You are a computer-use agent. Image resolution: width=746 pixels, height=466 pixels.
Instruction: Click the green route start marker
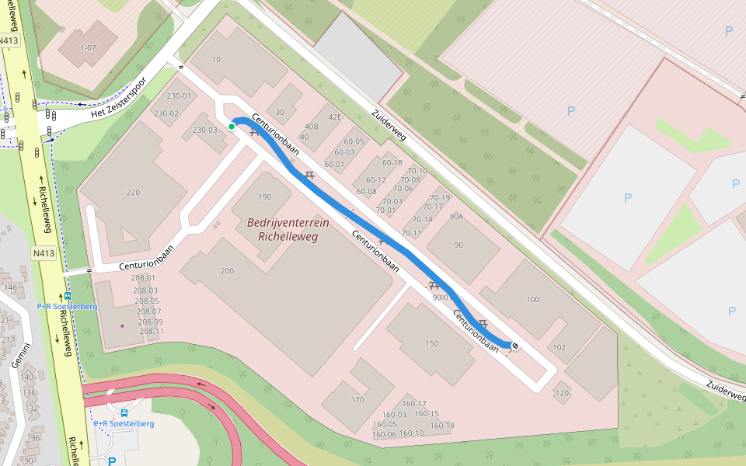pyautogui.click(x=232, y=127)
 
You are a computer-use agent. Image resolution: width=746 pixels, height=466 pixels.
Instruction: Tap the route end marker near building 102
pyautogui.click(x=514, y=345)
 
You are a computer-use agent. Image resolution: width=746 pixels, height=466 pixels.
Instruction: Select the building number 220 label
pyautogui.click(x=133, y=193)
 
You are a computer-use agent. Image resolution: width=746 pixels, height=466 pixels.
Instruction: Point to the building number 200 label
pyautogui.click(x=227, y=271)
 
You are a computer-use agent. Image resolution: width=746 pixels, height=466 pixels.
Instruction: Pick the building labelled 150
pyautogui.click(x=432, y=343)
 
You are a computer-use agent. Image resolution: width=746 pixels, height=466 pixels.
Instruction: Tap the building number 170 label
pyautogui.click(x=357, y=400)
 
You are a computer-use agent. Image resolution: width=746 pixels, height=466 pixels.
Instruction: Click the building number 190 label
pyautogui.click(x=265, y=197)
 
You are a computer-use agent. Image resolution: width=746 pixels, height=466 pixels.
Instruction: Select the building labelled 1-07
pyautogui.click(x=87, y=47)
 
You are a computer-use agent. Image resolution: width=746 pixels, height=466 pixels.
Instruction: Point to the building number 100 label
pyautogui.click(x=532, y=299)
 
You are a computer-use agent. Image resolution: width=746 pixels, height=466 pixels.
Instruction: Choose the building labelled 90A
pyautogui.click(x=456, y=217)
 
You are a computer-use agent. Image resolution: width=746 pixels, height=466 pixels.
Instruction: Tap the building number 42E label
pyautogui.click(x=334, y=117)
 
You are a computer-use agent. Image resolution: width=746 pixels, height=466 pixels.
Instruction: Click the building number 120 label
pyautogui.click(x=562, y=393)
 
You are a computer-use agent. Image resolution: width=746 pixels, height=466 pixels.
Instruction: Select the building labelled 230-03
pyautogui.click(x=205, y=130)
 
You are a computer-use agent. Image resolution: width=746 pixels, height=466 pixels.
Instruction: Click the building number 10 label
pyautogui.click(x=216, y=60)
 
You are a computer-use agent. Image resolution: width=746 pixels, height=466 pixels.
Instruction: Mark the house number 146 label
pyautogui.click(x=10, y=287)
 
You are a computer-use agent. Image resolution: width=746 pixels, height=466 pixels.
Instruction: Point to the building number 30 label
pyautogui.click(x=280, y=112)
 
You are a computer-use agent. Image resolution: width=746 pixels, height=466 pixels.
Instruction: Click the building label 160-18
pyautogui.click(x=442, y=426)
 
